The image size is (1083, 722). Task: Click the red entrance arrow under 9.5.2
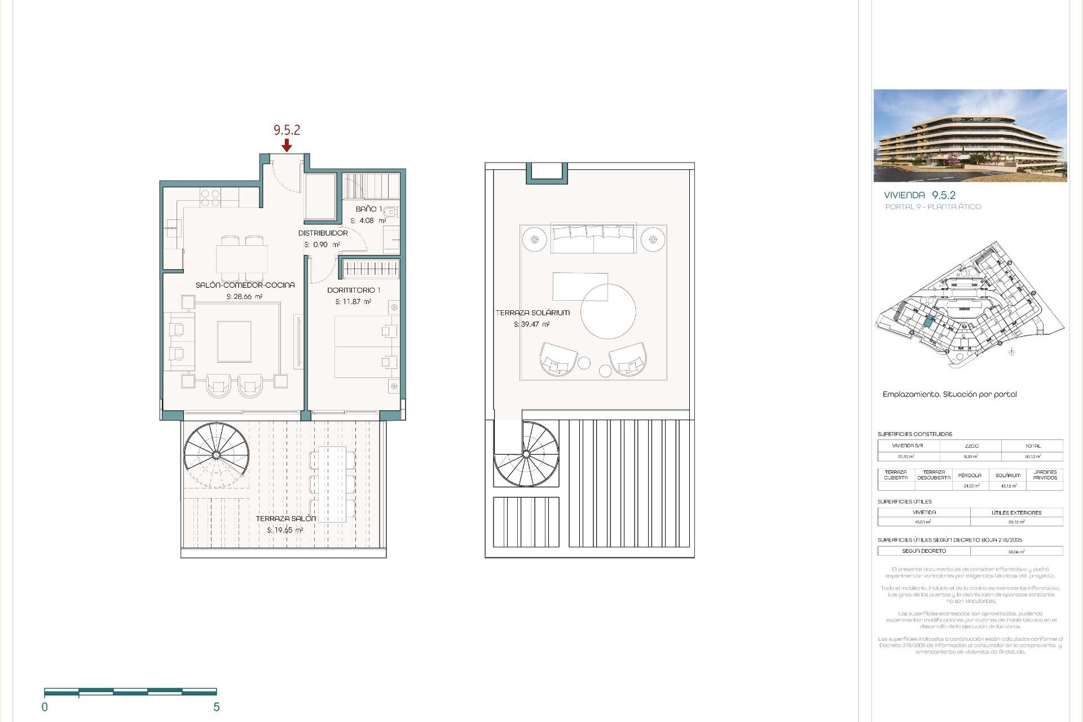pyautogui.click(x=287, y=146)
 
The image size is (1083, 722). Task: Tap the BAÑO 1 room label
pyautogui.click(x=368, y=209)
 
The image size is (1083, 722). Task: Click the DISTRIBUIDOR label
pyautogui.click(x=323, y=233)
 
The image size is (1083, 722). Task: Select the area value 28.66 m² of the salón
pyautogui.click(x=244, y=297)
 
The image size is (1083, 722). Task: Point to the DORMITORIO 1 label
pyautogui.click(x=354, y=290)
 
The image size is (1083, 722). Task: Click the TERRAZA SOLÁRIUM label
pyautogui.click(x=532, y=312)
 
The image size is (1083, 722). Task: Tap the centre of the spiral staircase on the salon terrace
pyautogui.click(x=216, y=455)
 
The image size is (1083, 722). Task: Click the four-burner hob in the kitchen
pyautogui.click(x=210, y=197)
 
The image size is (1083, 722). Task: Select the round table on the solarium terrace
pyautogui.click(x=608, y=311)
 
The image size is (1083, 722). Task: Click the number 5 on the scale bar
pyautogui.click(x=216, y=707)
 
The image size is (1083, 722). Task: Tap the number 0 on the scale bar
pyautogui.click(x=45, y=707)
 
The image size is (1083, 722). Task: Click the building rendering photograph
pyautogui.click(x=970, y=135)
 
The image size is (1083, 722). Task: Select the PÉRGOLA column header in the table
pyautogui.click(x=969, y=476)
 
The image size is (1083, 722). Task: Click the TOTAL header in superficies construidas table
pyautogui.click(x=1032, y=446)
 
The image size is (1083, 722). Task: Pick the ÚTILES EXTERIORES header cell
pyautogui.click(x=1016, y=513)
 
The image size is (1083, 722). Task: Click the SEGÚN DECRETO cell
pyautogui.click(x=923, y=551)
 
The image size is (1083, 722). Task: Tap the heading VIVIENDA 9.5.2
pyautogui.click(x=919, y=195)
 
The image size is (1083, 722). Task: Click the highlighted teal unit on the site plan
pyautogui.click(x=928, y=322)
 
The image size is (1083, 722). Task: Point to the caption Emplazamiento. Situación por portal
pyautogui.click(x=949, y=394)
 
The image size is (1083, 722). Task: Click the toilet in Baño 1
pyautogui.click(x=391, y=212)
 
